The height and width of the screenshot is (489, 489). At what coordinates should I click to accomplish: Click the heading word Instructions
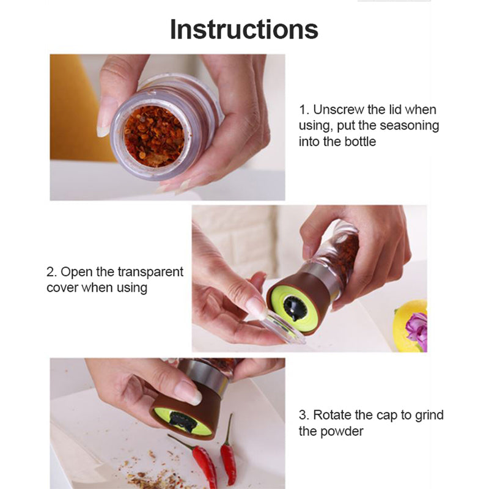point(244,29)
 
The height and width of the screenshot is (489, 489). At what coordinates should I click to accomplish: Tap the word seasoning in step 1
point(409,126)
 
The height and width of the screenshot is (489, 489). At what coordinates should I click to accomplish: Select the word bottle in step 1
point(360,142)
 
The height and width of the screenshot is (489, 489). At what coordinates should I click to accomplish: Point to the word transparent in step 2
point(150,272)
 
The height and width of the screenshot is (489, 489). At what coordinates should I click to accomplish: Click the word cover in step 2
point(62,288)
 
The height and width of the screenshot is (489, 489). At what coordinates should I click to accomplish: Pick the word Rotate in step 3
point(331,415)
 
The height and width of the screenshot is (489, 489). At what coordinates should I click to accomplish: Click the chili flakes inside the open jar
point(154,136)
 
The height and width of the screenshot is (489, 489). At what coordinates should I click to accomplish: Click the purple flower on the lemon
point(417,331)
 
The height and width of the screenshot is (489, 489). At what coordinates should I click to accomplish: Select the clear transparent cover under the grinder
point(282,328)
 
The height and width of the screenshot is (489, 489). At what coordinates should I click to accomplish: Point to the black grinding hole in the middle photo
point(295,308)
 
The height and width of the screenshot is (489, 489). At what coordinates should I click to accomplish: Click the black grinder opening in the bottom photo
point(183,421)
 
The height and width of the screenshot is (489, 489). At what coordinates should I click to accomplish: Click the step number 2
point(51,272)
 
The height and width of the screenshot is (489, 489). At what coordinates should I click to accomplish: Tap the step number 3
point(304,416)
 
